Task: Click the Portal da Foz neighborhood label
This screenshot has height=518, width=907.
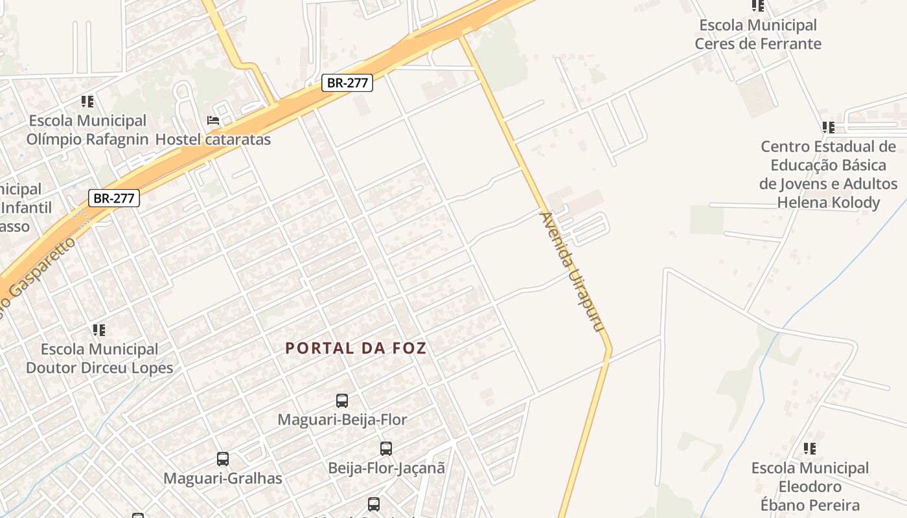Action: (x=356, y=348)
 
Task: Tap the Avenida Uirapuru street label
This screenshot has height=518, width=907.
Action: (x=572, y=273)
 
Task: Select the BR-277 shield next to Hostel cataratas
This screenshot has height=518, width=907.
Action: (x=347, y=83)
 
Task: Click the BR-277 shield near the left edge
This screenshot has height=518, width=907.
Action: (x=114, y=198)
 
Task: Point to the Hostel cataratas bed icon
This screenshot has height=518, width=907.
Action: (x=212, y=120)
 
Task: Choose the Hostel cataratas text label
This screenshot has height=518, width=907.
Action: (x=213, y=139)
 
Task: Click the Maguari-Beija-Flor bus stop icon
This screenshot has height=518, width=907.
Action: (x=342, y=401)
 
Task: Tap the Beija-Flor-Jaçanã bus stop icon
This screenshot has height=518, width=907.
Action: (x=386, y=448)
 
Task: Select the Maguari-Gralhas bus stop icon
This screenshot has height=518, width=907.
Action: (x=223, y=459)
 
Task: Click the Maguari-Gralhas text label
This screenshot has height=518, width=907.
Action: (x=223, y=479)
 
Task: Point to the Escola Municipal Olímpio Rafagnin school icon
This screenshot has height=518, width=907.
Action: (x=87, y=102)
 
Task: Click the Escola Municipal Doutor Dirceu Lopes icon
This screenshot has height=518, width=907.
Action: (x=99, y=330)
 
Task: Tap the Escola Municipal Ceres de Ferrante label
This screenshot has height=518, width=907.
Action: (x=758, y=34)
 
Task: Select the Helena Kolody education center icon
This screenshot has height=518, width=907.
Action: (x=828, y=128)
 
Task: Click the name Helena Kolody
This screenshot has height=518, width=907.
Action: (x=829, y=203)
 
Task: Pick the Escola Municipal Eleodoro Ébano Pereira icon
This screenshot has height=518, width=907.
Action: (x=809, y=448)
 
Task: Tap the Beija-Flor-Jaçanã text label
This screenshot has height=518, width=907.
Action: (x=386, y=467)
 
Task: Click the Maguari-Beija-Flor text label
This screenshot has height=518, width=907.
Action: (x=342, y=420)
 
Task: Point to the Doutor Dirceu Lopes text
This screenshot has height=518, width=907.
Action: (x=99, y=368)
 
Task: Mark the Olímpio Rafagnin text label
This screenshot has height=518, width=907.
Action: (x=87, y=139)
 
